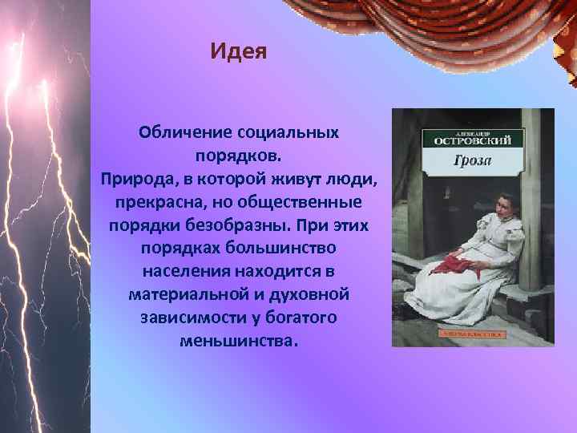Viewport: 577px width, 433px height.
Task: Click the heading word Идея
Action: [x=238, y=52]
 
